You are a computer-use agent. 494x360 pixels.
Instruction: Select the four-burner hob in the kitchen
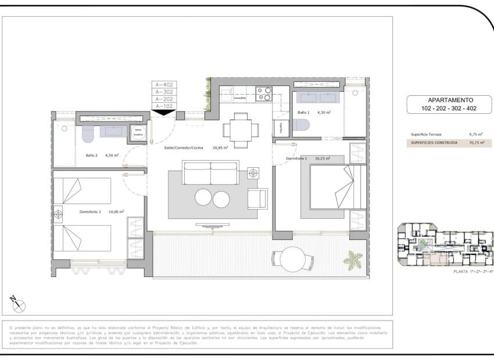click(264, 94)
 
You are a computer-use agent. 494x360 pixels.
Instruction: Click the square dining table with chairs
click(239, 129)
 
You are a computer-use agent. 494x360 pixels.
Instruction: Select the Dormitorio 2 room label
click(91, 212)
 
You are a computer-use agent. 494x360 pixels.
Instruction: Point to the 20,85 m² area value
click(219, 147)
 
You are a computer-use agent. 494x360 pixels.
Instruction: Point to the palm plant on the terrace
click(353, 259)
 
